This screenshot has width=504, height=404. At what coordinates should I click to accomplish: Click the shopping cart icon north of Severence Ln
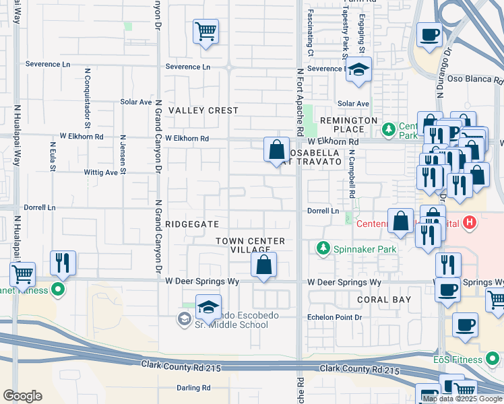(206, 31)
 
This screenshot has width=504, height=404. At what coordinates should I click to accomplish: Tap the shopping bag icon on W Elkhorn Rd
(276, 149)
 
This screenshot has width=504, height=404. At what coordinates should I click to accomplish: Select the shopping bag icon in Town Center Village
(264, 265)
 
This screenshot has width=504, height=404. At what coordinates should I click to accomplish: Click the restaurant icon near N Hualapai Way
(63, 263)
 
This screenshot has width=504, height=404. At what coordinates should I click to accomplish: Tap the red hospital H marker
(470, 222)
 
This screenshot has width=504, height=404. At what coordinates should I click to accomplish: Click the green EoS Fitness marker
(493, 358)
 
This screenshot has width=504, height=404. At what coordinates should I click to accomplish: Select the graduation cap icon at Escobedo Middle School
(208, 306)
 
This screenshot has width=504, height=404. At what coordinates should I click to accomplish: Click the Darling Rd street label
(193, 388)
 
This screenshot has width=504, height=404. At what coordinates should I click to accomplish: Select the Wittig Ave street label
(100, 172)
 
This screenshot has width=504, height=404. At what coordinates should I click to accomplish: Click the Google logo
(22, 396)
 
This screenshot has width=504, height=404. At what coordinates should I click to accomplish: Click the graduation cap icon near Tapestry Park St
(359, 70)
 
